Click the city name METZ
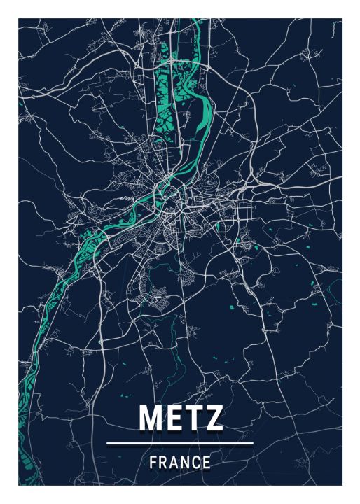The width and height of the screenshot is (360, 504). click(180, 416)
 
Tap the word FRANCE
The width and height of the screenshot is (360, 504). click(180, 462)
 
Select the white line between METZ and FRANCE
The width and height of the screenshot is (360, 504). click(180, 442)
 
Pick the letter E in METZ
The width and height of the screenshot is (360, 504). click(174, 416)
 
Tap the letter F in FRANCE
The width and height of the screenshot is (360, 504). click(153, 462)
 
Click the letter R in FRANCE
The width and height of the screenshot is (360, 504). click(163, 462)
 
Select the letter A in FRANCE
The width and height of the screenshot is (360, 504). click(174, 462)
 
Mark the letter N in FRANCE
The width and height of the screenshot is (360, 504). click(186, 462)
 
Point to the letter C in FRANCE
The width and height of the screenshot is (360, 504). click(196, 462)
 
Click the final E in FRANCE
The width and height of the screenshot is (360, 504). click(207, 462)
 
